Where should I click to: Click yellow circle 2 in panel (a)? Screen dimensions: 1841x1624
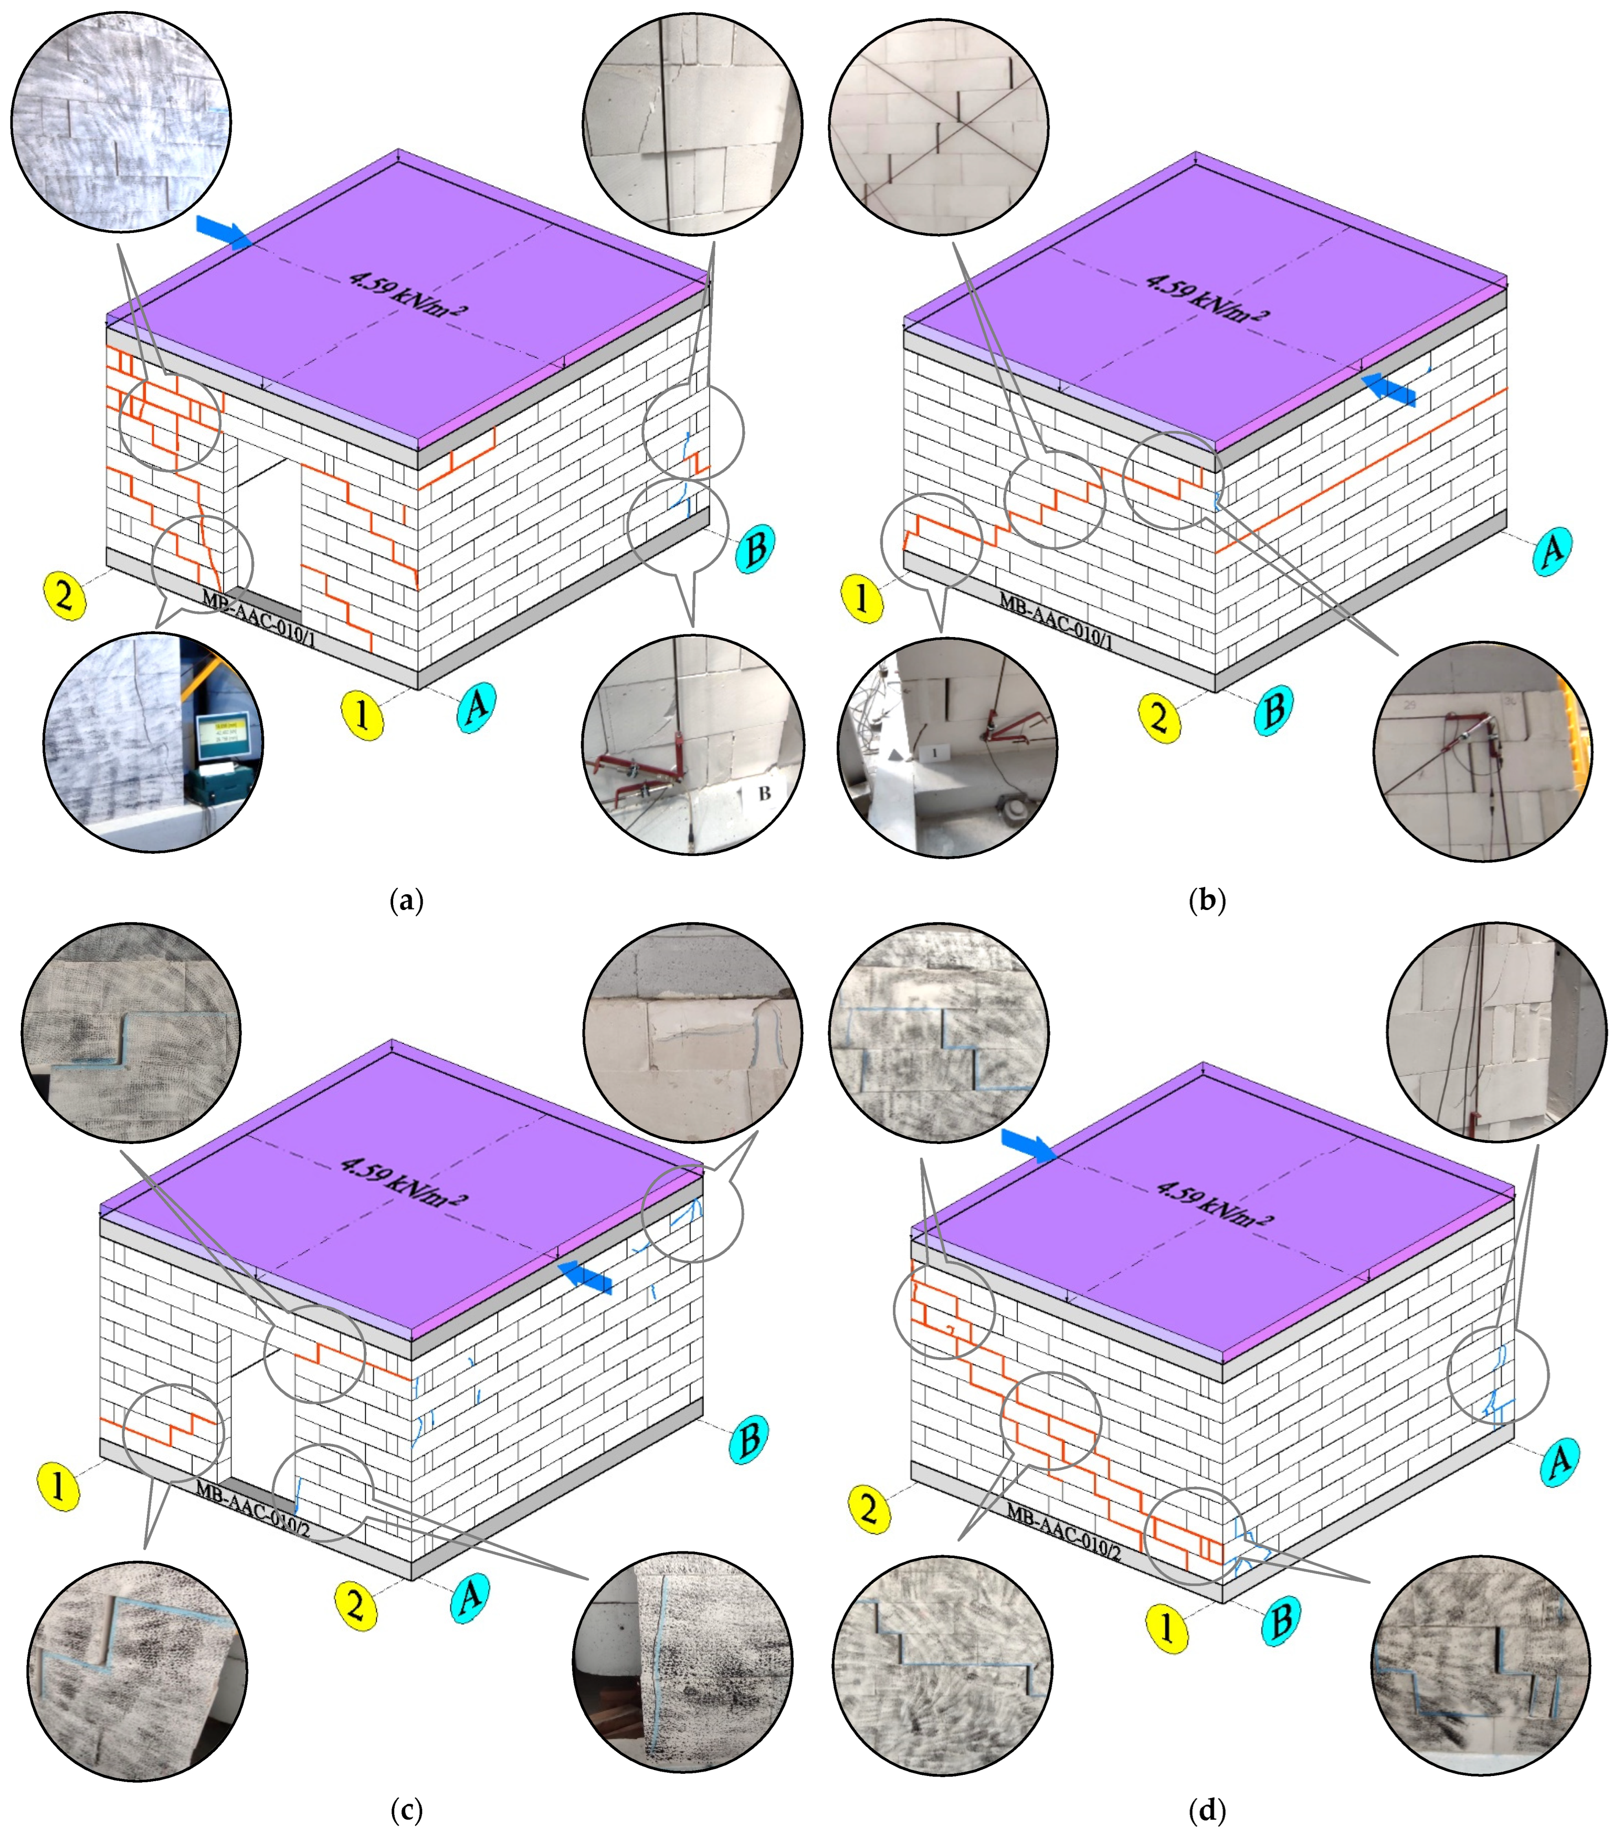click(64, 595)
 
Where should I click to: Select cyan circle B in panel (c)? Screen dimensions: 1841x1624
click(747, 1440)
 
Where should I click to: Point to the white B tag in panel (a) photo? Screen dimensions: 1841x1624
click(764, 793)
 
